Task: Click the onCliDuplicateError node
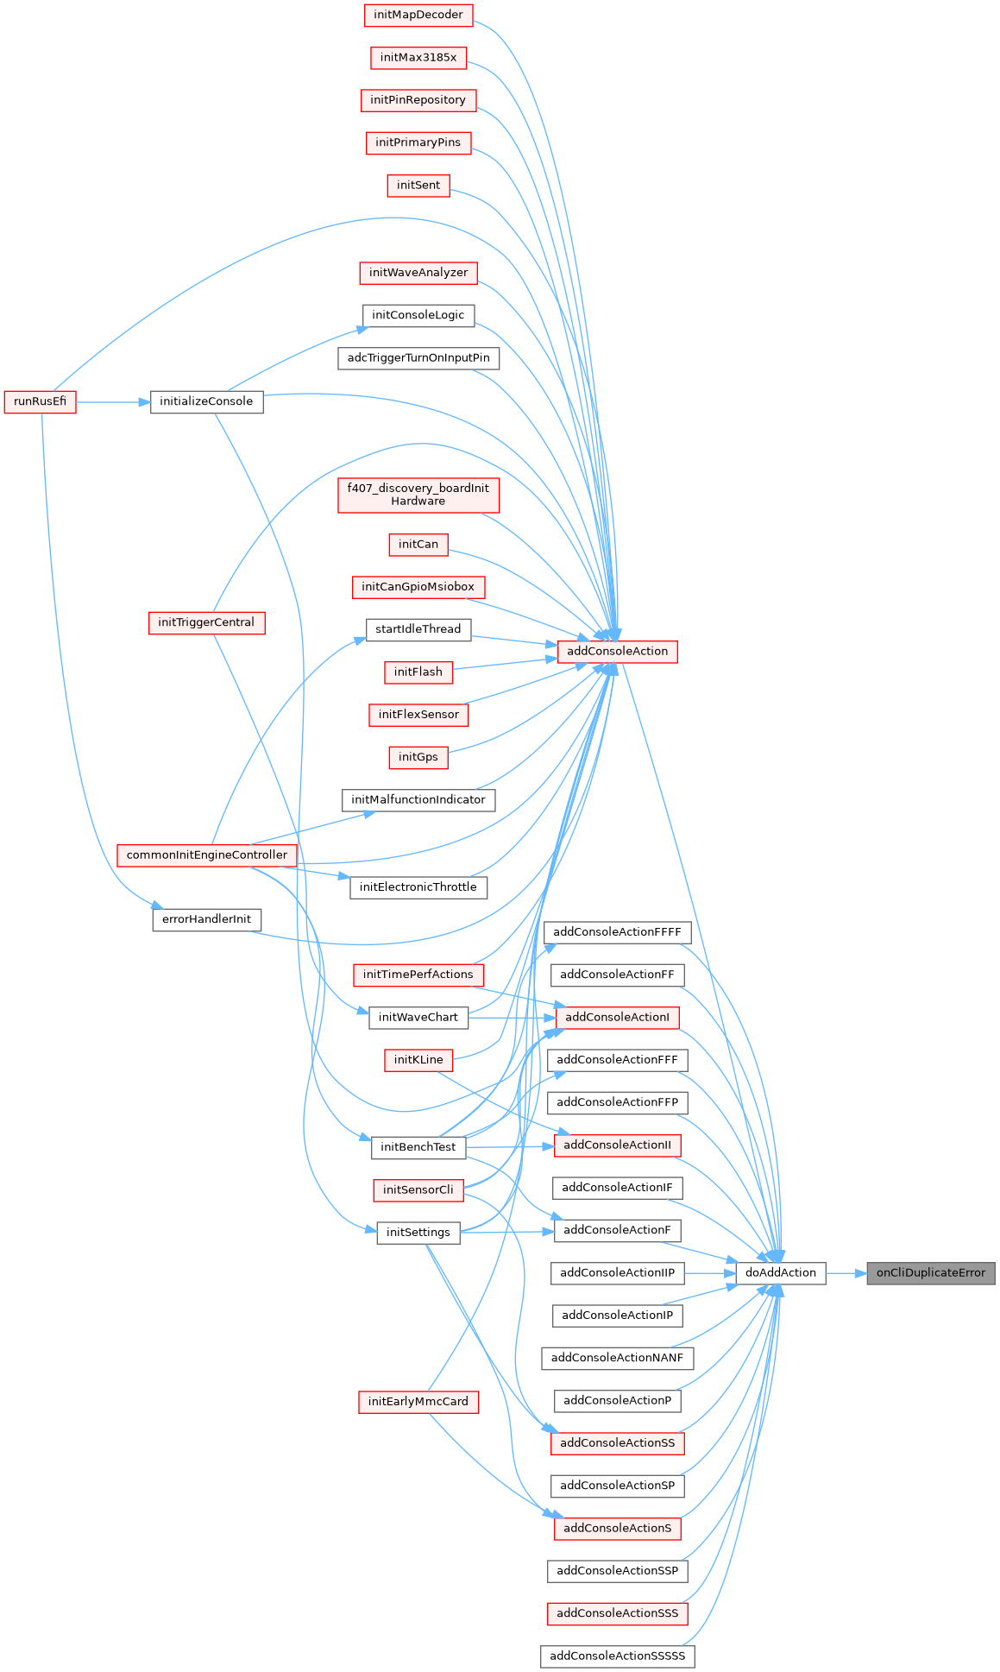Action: (x=930, y=1273)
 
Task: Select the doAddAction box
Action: (x=780, y=1273)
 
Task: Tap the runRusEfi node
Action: (x=40, y=402)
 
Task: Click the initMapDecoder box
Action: (x=418, y=15)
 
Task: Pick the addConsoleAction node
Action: (x=617, y=652)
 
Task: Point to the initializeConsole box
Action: (x=206, y=402)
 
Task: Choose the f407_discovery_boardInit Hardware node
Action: (x=418, y=495)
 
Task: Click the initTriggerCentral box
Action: (x=206, y=622)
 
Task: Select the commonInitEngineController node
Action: (x=207, y=855)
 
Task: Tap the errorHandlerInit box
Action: (x=206, y=919)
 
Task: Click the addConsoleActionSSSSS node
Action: (x=617, y=1656)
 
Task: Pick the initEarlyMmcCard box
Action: (x=418, y=1402)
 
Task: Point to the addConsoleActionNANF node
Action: (x=617, y=1358)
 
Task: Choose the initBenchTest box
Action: (x=418, y=1147)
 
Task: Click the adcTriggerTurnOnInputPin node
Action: (x=418, y=358)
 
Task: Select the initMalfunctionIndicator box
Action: (x=418, y=800)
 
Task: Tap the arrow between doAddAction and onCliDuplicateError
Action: (x=846, y=1273)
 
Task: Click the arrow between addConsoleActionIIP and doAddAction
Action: (x=710, y=1273)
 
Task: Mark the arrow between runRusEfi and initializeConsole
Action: (x=113, y=402)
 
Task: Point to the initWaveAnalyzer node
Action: (x=418, y=273)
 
